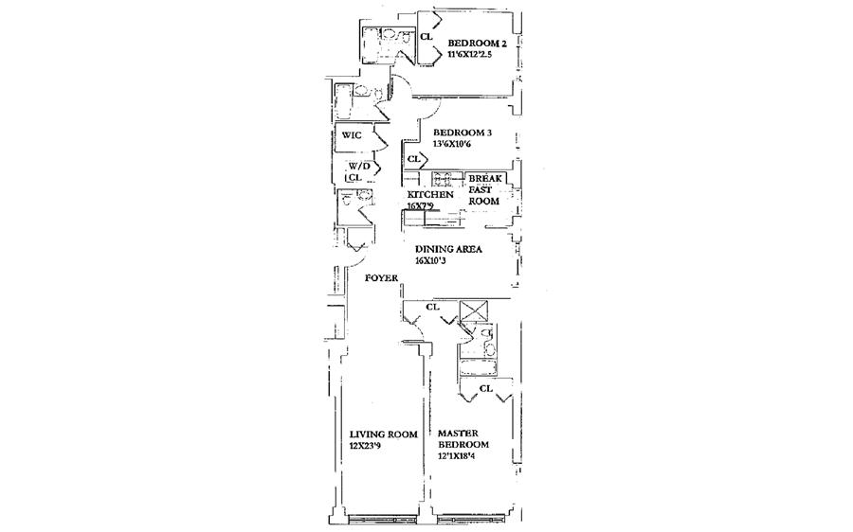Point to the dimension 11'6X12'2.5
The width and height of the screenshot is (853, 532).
point(479,55)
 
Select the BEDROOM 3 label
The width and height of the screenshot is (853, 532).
point(463,133)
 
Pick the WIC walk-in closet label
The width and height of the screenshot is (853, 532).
point(352,135)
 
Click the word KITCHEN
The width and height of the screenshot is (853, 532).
point(425,195)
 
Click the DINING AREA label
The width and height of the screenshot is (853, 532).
point(449,250)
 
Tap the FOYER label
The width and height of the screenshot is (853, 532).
point(382,278)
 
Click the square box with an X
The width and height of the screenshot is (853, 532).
point(471,311)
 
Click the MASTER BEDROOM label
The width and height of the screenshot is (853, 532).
point(463,439)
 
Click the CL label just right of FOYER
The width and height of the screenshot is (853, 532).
point(432,307)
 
